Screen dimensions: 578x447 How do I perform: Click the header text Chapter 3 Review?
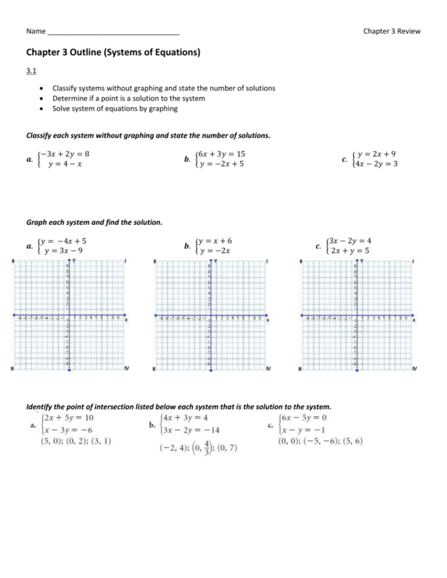click(x=391, y=31)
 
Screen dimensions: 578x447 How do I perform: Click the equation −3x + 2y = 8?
click(x=64, y=154)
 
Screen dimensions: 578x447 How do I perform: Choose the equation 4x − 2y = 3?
click(x=376, y=164)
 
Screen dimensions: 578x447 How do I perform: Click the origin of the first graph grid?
click(x=69, y=316)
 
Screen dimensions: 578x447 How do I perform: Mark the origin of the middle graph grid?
click(x=210, y=316)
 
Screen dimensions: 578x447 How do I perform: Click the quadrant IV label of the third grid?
click(x=415, y=369)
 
